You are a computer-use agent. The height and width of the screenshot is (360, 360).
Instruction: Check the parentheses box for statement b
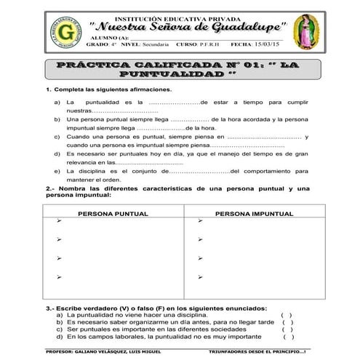[288, 321]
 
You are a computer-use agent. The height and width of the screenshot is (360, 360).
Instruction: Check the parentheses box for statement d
[288, 337]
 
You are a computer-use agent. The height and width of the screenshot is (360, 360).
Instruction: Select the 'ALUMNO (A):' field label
[113, 36]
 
